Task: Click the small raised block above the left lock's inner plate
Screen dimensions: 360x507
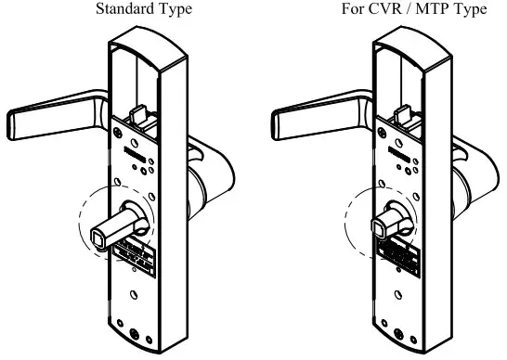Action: pos(138,115)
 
